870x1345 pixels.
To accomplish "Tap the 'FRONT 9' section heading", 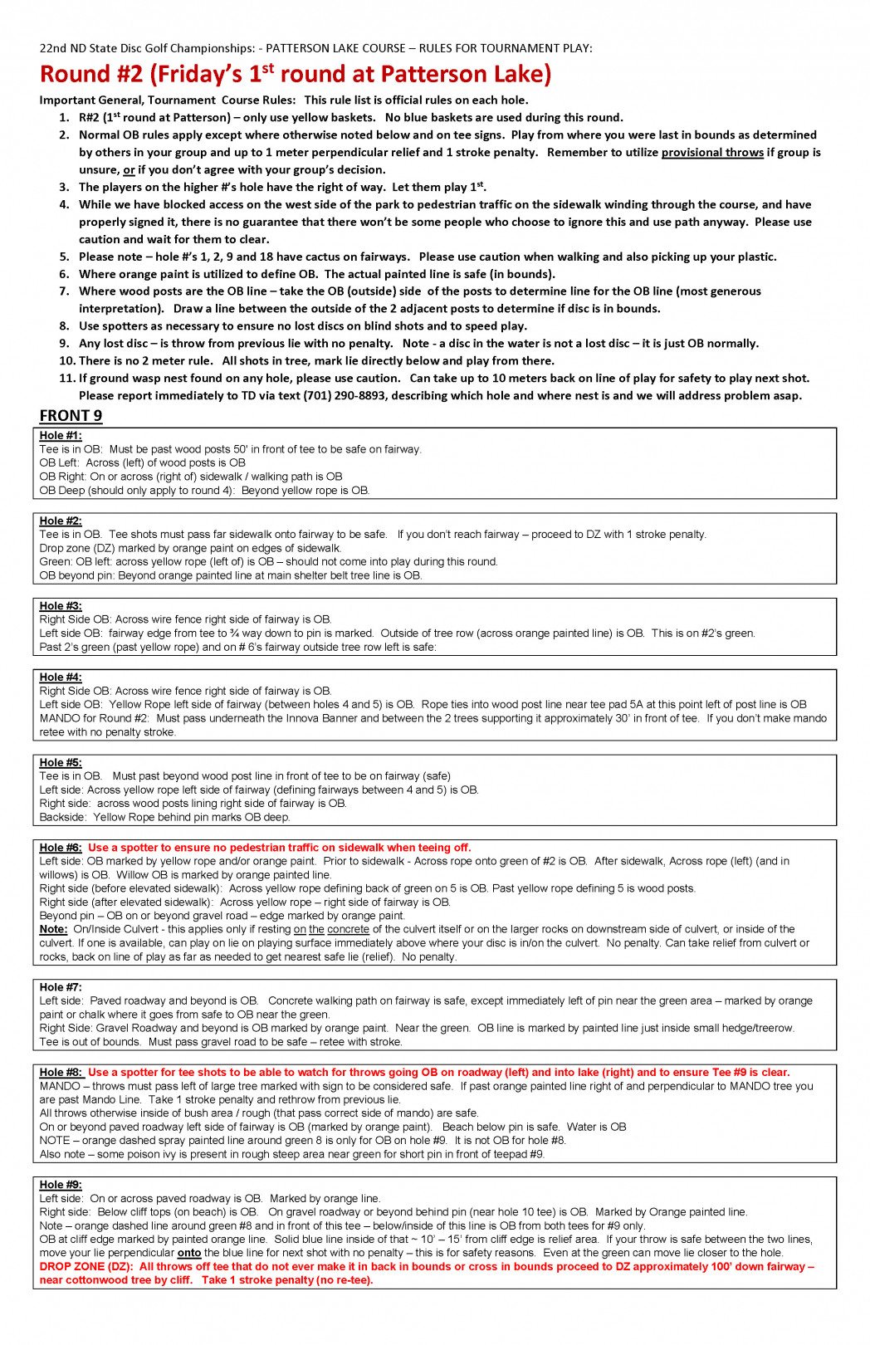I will (x=71, y=416).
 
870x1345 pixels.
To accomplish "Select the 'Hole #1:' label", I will (x=61, y=436).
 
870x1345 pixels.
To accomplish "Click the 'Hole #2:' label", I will (x=61, y=521).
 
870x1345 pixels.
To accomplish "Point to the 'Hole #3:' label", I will (x=61, y=606).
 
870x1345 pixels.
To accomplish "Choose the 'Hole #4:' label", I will (x=61, y=677).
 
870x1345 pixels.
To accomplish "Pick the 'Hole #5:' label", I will (x=61, y=763).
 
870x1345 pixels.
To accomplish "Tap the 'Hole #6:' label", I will (x=61, y=848).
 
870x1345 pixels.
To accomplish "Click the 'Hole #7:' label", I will (x=61, y=987).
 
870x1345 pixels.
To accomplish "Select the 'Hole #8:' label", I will (x=61, y=1073).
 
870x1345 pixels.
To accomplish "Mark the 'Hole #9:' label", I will (x=61, y=1185).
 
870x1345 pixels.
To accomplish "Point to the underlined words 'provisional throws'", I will (x=712, y=153).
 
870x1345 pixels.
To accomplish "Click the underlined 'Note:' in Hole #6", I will (x=53, y=930).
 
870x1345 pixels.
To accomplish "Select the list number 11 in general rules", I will (x=66, y=379).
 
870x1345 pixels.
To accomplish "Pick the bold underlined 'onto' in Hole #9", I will (x=189, y=1253).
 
